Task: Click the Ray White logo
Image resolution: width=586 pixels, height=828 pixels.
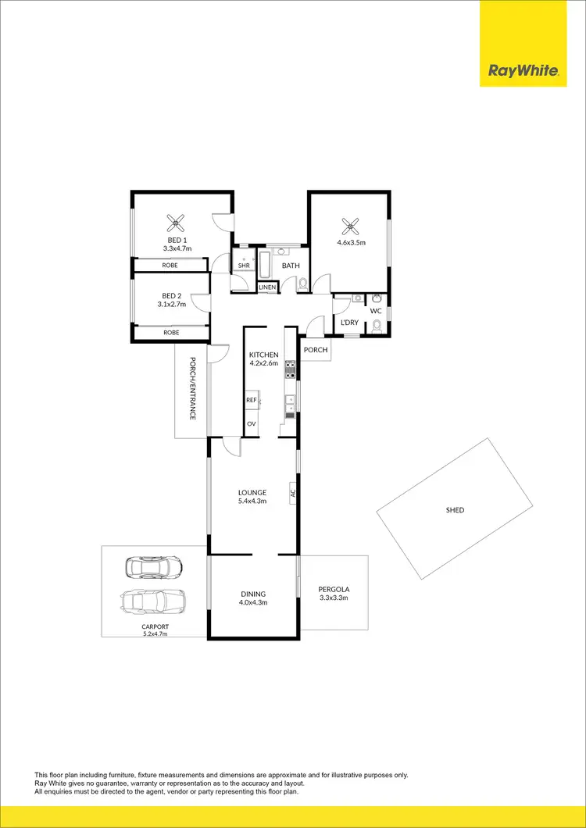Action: [x=523, y=71]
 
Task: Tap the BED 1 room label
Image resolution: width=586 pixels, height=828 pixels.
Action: [x=177, y=240]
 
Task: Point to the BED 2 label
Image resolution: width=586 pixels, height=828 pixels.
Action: [x=171, y=295]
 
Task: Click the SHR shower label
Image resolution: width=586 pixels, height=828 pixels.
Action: [x=244, y=266]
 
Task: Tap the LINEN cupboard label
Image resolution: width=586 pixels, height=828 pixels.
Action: [x=267, y=287]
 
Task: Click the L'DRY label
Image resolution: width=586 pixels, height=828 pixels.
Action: [x=349, y=322]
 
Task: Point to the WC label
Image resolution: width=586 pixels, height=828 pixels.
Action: [x=376, y=311]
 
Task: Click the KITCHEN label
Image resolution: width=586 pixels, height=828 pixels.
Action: [x=263, y=355]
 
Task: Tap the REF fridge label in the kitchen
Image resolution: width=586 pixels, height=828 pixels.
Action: [x=252, y=400]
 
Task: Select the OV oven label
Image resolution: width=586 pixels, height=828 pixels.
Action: [x=252, y=423]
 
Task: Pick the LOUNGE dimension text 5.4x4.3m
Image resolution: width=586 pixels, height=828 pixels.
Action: [x=252, y=501]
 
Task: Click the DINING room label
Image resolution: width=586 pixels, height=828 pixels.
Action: [x=252, y=594]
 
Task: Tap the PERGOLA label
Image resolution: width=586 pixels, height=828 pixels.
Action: [x=333, y=589]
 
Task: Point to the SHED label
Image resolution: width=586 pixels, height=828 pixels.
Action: [x=455, y=510]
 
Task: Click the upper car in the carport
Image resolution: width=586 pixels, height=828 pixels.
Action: [x=154, y=566]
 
